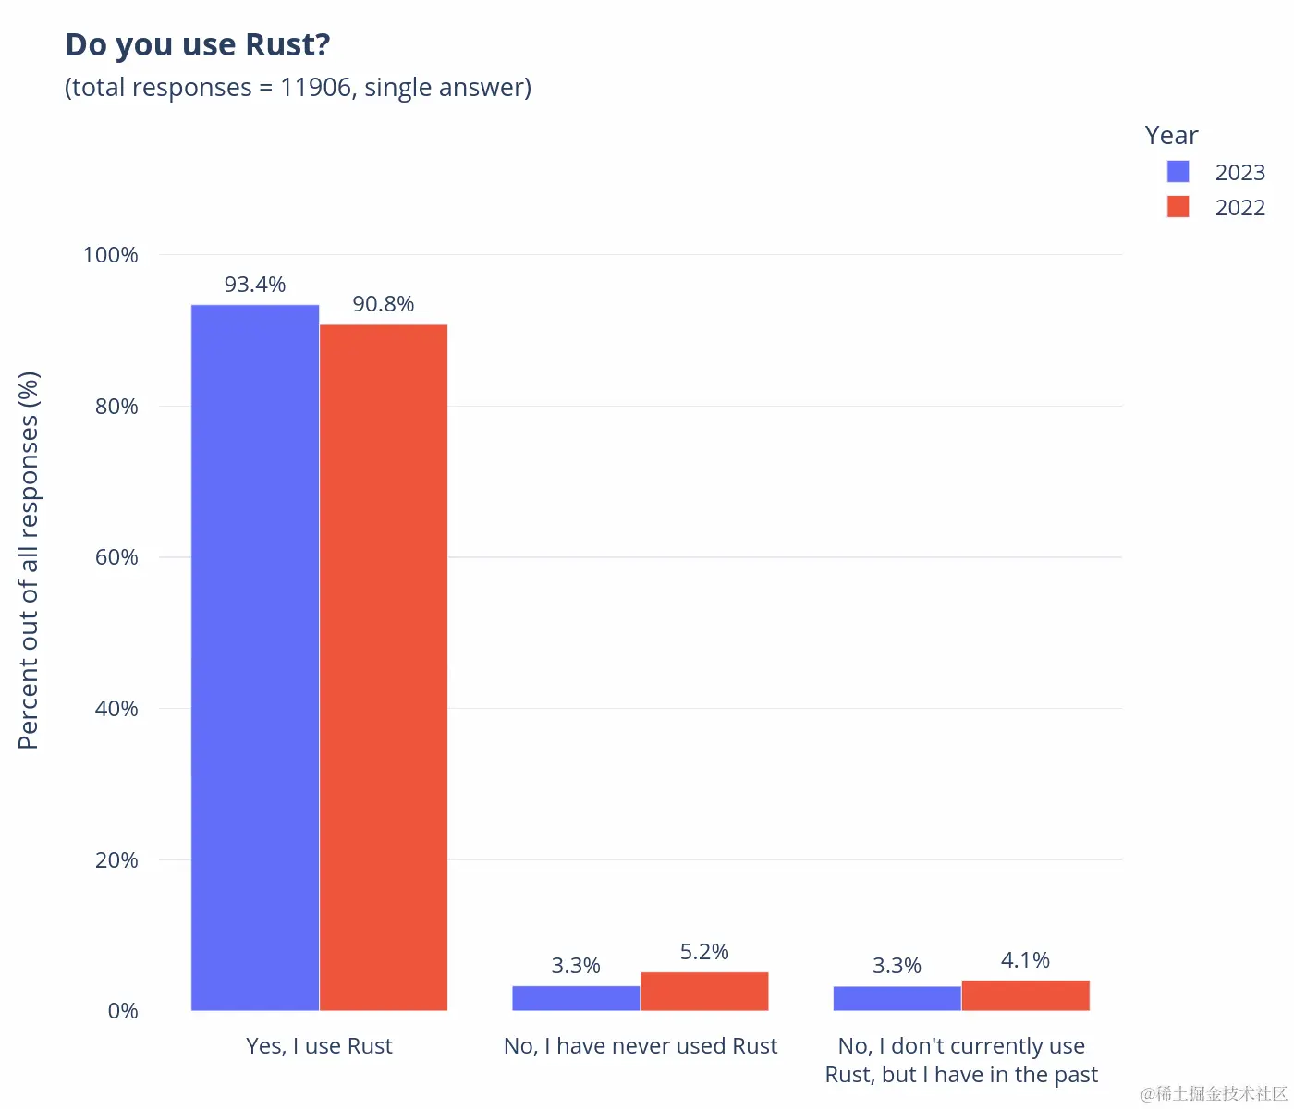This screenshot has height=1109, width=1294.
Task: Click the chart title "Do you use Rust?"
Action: [x=197, y=44]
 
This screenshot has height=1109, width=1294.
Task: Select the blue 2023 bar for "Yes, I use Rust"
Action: [x=255, y=656]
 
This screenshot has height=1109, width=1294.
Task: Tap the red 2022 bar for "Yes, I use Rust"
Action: [x=384, y=665]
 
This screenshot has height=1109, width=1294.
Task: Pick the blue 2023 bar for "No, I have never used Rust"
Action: [x=576, y=998]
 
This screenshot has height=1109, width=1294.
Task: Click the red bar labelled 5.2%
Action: [x=704, y=991]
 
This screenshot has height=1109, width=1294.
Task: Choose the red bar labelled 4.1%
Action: [x=1025, y=995]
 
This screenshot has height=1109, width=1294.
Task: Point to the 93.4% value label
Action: [x=255, y=285]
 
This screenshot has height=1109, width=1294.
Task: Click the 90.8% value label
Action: [x=384, y=304]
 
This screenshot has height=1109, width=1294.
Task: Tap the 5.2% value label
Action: [x=704, y=952]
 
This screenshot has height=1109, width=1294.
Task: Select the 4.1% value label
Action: [x=1025, y=960]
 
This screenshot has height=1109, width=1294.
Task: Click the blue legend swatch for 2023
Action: [x=1178, y=172]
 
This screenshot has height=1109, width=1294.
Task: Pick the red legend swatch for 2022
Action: [x=1178, y=207]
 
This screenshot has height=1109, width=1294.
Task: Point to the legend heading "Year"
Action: [x=1171, y=135]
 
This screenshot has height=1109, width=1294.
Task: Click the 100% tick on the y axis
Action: [x=111, y=255]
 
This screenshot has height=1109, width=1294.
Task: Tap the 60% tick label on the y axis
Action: [x=116, y=557]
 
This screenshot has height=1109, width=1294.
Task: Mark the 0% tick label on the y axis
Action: [x=123, y=1011]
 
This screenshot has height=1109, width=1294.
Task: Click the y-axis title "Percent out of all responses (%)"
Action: [x=29, y=560]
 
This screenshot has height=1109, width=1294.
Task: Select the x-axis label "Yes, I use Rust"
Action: [x=319, y=1046]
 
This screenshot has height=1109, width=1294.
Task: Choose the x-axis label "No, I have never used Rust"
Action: [x=641, y=1046]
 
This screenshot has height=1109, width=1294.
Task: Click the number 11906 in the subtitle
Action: [x=315, y=88]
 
